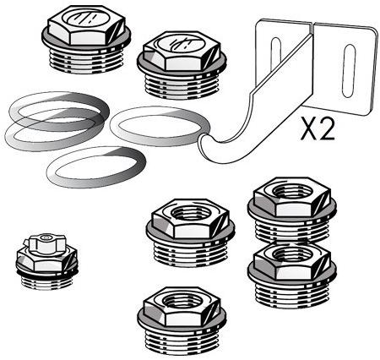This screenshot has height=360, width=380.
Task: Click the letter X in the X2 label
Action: [309, 128]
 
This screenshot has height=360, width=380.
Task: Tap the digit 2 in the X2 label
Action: [327, 128]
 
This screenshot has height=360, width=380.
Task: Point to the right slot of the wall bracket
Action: [349, 71]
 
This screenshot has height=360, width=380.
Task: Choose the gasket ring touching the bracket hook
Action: [160, 126]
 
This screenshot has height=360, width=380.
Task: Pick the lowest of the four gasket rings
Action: [96, 166]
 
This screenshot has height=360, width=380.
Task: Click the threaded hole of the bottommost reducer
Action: [182, 300]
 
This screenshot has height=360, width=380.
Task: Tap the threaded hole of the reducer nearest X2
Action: [292, 191]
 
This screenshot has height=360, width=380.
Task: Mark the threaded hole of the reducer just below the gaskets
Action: [190, 213]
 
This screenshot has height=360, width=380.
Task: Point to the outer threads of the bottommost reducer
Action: [182, 341]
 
